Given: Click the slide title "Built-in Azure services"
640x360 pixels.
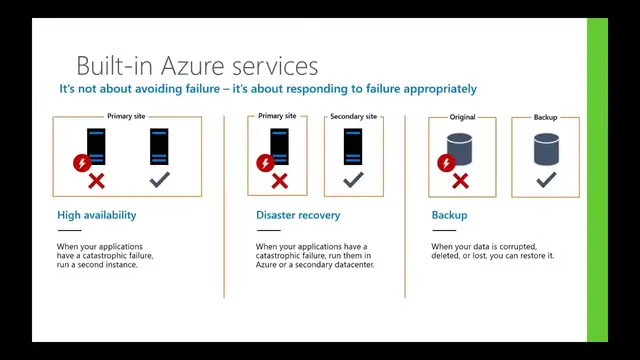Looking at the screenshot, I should coord(197,66).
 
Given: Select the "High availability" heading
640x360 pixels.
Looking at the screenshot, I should coord(97,215).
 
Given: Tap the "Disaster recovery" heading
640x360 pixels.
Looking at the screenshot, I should coord(298,215).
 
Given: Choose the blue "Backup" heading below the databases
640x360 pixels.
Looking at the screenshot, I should coord(449,215).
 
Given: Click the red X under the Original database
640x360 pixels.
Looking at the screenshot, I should coord(460,181).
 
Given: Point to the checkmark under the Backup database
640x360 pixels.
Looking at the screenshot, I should coord(545,181).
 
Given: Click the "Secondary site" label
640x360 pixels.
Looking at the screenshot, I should coord(353,117).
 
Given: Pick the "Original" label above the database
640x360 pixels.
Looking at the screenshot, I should coord(462,117).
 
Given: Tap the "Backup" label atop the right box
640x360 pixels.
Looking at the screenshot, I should coord(545,117).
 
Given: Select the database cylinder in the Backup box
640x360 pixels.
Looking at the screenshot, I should coord(545,149).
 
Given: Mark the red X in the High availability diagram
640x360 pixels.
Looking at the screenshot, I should coord(96,181).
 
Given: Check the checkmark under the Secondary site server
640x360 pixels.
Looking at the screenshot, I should coord(353,181).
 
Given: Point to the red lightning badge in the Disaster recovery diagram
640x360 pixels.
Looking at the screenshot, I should coord(266,162).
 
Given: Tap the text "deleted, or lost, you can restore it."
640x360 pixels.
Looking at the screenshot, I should coord(493,256).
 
